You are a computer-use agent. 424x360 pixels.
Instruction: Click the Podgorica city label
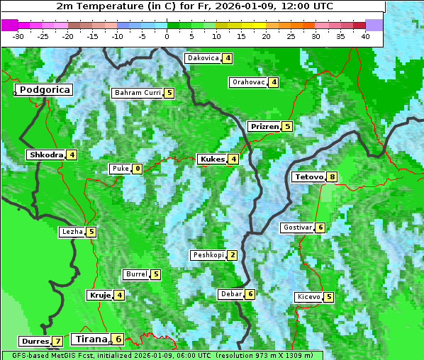click(44, 90)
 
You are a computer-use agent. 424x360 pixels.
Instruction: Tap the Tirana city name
click(89, 339)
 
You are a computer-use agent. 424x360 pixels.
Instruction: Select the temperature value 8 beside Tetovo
click(331, 176)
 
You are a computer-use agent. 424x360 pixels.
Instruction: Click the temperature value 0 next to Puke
click(137, 169)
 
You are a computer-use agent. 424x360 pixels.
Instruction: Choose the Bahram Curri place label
click(138, 93)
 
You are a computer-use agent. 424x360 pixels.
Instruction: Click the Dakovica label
click(202, 58)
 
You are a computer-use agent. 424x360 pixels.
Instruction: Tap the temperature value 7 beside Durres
click(57, 342)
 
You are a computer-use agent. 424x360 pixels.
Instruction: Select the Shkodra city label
click(46, 154)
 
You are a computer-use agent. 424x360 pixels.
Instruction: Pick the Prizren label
click(264, 127)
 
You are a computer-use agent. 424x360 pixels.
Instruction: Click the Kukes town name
click(212, 159)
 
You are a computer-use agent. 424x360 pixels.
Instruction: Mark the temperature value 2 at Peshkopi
click(233, 255)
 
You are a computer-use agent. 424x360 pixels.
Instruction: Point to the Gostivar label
click(296, 227)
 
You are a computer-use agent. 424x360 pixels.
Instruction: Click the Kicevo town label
click(308, 297)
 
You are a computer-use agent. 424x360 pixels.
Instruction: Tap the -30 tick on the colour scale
click(18, 36)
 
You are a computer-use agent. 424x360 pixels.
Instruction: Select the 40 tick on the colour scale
click(365, 36)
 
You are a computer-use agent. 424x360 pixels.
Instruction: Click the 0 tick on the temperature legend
click(167, 36)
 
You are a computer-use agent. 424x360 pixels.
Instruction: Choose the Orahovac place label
click(248, 82)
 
